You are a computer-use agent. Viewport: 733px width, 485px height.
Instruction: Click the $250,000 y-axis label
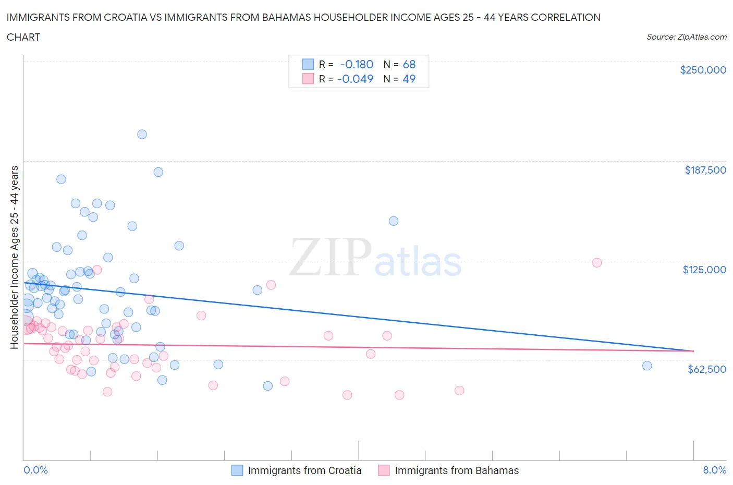[703, 70]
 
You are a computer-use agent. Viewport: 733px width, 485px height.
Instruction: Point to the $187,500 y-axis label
[705, 170]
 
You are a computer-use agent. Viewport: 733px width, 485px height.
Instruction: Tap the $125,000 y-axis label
[704, 270]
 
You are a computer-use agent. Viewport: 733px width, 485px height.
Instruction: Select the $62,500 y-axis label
[707, 369]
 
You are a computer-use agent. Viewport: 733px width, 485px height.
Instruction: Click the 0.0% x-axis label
[35, 470]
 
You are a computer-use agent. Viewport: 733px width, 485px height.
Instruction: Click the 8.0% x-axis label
[714, 470]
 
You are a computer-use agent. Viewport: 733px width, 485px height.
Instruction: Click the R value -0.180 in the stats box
[357, 64]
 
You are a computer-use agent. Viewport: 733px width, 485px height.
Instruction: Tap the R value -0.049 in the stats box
[356, 79]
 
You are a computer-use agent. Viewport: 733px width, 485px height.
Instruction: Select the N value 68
[409, 64]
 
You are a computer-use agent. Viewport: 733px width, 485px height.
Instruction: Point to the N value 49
[409, 79]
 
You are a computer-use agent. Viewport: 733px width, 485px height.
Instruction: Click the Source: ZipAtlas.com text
[686, 37]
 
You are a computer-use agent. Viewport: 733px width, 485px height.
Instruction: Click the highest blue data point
[142, 134]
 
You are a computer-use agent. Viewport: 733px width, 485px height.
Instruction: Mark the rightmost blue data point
[647, 366]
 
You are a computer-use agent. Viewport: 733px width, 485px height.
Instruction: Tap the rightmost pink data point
[597, 262]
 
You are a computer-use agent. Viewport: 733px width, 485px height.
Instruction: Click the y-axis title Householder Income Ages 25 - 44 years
[15, 257]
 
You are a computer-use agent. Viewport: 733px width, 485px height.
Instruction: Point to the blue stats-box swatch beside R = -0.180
[308, 64]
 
